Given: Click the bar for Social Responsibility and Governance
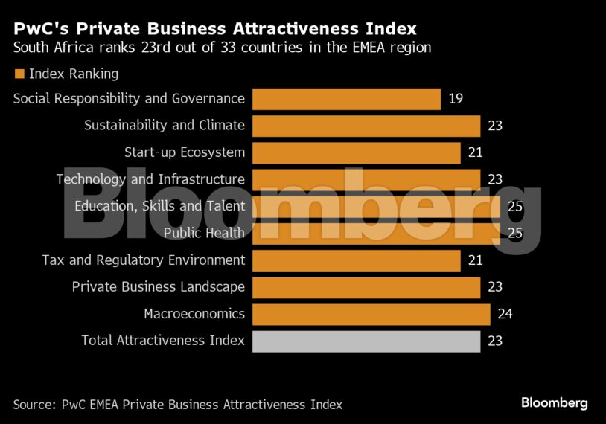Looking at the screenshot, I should (346, 99).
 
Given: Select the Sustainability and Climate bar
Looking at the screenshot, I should (366, 126).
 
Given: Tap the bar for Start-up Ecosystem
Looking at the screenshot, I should (356, 152).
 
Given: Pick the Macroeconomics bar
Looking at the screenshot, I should (371, 314).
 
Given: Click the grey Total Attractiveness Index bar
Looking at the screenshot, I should (366, 341).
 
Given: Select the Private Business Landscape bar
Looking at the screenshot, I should (366, 287).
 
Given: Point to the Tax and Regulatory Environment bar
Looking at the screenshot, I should (356, 260).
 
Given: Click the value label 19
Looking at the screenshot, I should (456, 99).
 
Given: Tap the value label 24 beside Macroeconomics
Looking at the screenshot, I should (505, 314).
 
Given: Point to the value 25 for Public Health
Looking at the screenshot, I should (514, 233).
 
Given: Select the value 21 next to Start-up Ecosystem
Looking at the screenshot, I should (475, 152).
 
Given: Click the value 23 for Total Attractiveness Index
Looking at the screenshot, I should (495, 341).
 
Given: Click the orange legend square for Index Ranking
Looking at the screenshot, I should (19, 74).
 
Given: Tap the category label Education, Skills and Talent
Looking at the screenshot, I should (159, 206).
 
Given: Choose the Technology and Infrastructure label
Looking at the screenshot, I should (150, 179).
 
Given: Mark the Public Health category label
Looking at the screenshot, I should (204, 233).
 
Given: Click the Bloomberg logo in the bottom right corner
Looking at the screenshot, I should (554, 403).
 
